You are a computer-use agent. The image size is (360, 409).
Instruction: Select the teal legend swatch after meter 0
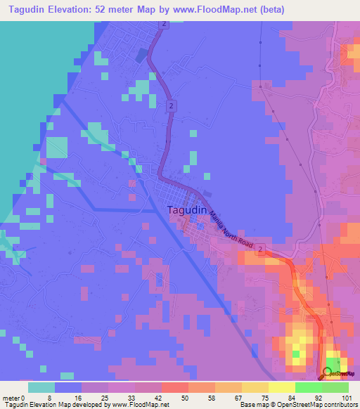click(x=41, y=387)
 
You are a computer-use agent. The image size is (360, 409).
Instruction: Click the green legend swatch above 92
click(x=308, y=387)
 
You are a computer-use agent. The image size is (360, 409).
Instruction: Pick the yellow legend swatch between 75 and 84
click(x=255, y=387)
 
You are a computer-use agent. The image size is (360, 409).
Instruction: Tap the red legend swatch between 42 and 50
click(x=174, y=387)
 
